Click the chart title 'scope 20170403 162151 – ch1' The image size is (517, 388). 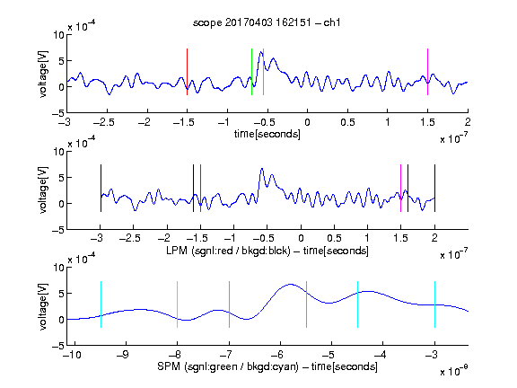[267, 22]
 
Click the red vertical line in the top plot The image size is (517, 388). [187, 72]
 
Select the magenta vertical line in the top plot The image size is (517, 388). [427, 72]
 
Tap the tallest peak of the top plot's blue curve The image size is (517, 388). [261, 52]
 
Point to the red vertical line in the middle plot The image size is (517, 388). [200, 188]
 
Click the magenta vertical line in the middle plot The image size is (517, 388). [400, 188]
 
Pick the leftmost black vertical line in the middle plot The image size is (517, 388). [101, 188]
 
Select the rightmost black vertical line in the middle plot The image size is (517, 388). [434, 188]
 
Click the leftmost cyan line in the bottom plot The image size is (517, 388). [101, 304]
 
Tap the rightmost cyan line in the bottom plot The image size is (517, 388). [434, 304]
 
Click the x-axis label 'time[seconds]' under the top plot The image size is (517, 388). [267, 135]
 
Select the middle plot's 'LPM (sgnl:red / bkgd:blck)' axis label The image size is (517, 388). [228, 251]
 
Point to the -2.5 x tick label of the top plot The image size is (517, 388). [104, 122]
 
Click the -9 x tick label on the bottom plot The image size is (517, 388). [123, 355]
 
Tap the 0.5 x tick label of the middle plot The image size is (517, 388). [334, 238]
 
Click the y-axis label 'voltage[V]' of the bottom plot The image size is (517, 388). [43, 306]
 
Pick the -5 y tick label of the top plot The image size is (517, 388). [58, 113]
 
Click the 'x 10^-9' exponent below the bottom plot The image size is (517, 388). [454, 371]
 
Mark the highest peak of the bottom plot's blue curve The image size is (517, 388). [291, 284]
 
